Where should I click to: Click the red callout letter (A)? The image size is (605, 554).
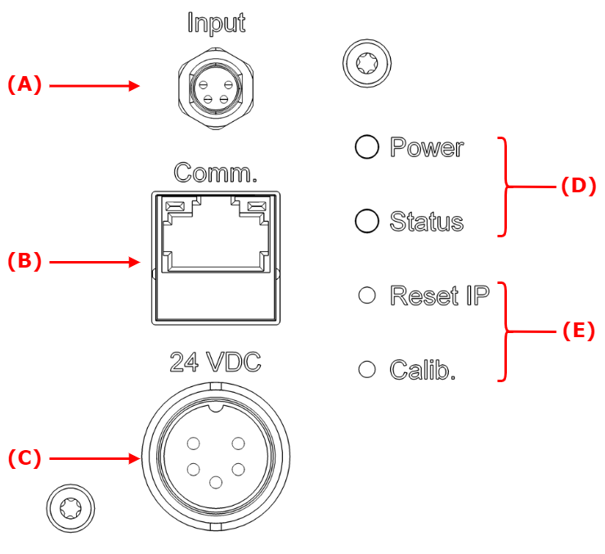pyautogui.click(x=24, y=84)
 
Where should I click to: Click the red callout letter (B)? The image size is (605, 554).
pyautogui.click(x=24, y=261)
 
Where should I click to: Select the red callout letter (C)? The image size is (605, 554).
pyautogui.click(x=24, y=457)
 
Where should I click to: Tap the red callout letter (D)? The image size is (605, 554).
pyautogui.click(x=578, y=186)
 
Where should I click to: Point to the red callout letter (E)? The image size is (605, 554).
pyautogui.click(x=578, y=331)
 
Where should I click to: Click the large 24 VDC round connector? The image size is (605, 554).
pyautogui.click(x=216, y=463)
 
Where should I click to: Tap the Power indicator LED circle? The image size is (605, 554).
pyautogui.click(x=367, y=146)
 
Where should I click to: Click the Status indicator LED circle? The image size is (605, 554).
pyautogui.click(x=367, y=221)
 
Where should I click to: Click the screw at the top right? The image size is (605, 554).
pyautogui.click(x=366, y=61)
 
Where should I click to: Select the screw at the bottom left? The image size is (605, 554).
pyautogui.click(x=71, y=508)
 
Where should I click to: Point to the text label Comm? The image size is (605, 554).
pyautogui.click(x=216, y=173)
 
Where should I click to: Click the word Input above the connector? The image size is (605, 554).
pyautogui.click(x=216, y=22)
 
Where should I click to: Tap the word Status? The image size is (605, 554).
pyautogui.click(x=426, y=221)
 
